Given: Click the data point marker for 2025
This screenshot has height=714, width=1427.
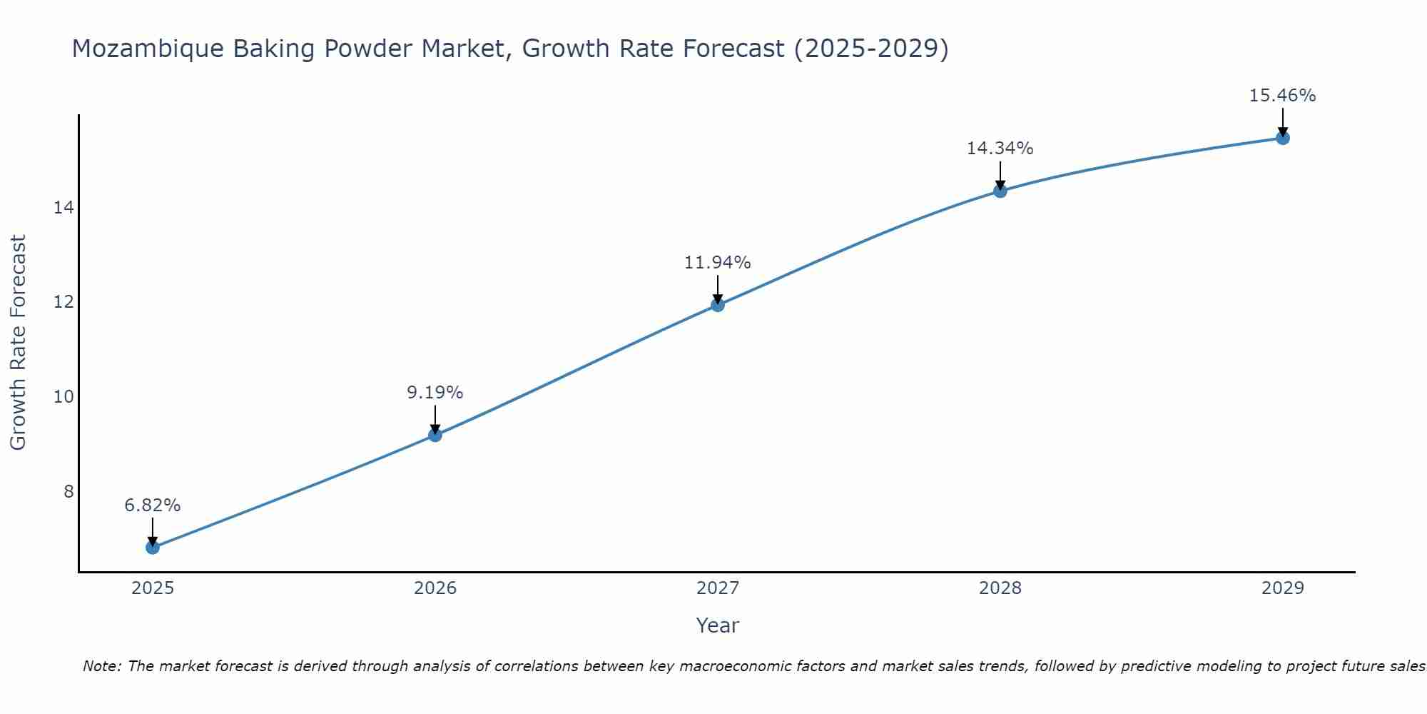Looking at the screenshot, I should [x=153, y=548].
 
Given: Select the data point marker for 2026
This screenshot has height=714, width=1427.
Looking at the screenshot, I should [x=435, y=435].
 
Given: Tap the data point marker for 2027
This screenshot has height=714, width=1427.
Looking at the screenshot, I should [x=718, y=305].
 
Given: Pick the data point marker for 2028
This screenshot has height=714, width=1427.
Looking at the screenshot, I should [x=1000, y=191].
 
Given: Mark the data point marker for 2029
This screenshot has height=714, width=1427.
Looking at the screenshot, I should [x=1283, y=138].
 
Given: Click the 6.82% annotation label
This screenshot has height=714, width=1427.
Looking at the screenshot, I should [x=153, y=506].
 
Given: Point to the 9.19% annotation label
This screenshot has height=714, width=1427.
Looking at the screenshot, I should [x=435, y=393].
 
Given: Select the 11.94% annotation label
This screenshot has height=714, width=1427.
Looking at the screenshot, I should [x=718, y=263].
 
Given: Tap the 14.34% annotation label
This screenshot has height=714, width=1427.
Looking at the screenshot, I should [x=1000, y=149].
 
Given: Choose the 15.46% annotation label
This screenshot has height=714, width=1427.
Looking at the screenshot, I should [x=1283, y=96].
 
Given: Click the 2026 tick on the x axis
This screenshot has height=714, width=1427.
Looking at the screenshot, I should [x=435, y=588].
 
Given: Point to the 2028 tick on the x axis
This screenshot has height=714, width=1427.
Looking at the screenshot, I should [x=1000, y=588].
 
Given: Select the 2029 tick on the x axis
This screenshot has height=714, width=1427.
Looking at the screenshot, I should [x=1283, y=588].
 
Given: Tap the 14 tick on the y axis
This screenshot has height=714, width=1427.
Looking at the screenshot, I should [x=64, y=208].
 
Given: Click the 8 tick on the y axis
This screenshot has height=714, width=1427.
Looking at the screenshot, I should [x=68, y=491].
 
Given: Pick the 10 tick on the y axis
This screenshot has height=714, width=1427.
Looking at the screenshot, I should [x=64, y=396].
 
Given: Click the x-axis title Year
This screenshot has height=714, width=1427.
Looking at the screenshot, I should [x=718, y=625].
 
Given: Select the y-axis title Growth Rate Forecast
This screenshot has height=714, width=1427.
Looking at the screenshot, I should [x=18, y=343].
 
